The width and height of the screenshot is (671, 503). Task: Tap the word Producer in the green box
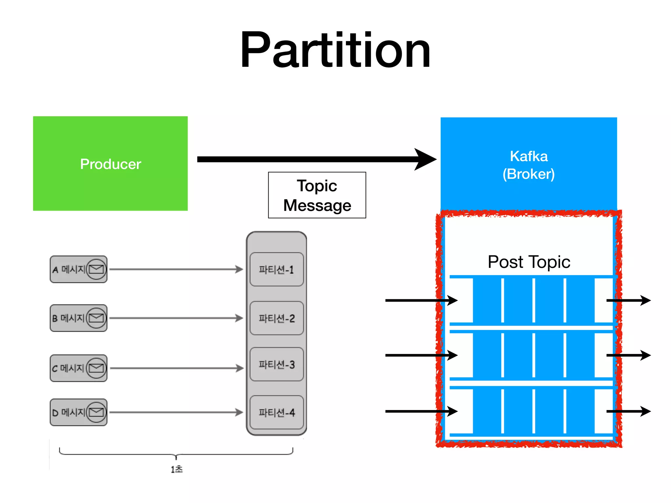(110, 164)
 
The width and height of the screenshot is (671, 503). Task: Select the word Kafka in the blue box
(528, 156)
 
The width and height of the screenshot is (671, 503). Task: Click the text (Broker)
(528, 174)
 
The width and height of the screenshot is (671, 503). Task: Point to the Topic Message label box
(317, 195)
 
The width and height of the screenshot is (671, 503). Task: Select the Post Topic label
(528, 262)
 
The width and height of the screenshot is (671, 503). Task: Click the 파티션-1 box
(276, 270)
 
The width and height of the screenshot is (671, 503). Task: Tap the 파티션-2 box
(276, 318)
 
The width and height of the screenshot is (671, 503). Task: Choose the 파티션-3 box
(276, 364)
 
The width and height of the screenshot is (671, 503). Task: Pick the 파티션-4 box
(276, 412)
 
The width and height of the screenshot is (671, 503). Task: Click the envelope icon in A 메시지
(96, 269)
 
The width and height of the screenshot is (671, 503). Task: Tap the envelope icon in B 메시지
(96, 318)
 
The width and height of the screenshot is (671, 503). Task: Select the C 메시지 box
(78, 368)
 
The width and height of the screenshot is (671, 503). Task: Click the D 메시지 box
(78, 412)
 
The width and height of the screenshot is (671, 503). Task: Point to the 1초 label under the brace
(176, 469)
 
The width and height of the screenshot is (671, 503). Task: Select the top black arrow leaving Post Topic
(628, 300)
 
